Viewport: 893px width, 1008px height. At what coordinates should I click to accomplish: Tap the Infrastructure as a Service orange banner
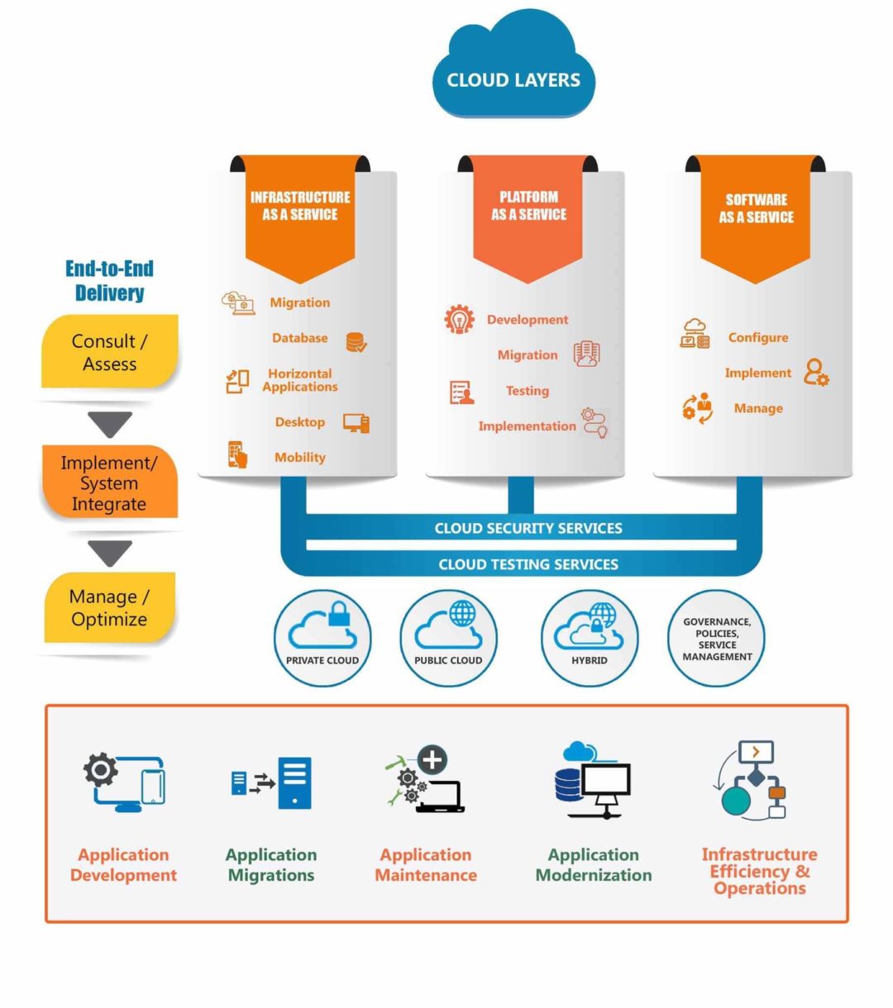(x=300, y=211)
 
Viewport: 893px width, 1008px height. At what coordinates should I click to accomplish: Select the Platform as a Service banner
(x=528, y=211)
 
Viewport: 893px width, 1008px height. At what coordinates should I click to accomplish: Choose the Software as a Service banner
(x=756, y=212)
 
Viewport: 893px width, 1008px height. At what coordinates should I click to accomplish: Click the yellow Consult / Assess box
(x=110, y=352)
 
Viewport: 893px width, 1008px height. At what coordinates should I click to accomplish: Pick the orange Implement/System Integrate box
(x=109, y=483)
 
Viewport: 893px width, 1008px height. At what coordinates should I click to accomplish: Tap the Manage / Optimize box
(x=109, y=607)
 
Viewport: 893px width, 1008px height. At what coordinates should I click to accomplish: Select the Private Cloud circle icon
(x=322, y=637)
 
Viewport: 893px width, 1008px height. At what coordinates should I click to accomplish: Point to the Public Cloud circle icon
(x=448, y=637)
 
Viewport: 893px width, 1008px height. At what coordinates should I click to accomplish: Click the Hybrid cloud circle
(x=590, y=637)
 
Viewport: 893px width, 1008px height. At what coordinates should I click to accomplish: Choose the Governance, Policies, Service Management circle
(x=717, y=638)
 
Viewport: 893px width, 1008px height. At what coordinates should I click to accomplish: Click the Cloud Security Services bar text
(x=528, y=528)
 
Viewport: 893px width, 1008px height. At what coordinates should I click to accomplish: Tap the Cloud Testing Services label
(x=528, y=564)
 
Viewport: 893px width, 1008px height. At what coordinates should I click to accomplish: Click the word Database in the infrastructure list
(x=299, y=338)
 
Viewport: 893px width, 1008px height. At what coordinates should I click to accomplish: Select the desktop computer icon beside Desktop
(x=356, y=423)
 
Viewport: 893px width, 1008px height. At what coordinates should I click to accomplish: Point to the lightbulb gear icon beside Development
(x=459, y=320)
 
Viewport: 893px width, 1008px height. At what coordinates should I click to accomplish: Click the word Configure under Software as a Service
(x=757, y=337)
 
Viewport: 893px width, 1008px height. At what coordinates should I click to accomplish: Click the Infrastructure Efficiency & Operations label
(x=759, y=871)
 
